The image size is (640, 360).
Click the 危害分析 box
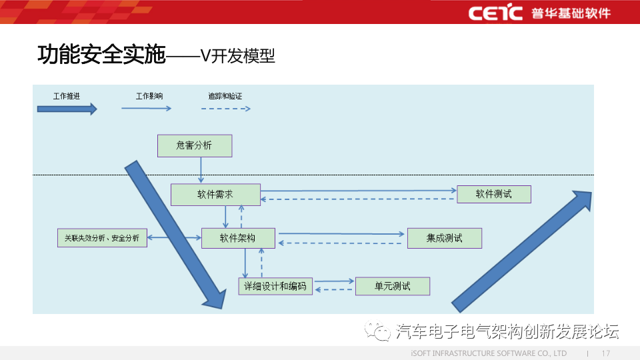(x=195, y=145)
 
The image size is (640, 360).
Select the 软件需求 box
(x=215, y=195)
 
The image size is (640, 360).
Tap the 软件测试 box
(x=494, y=194)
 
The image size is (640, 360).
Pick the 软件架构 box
(x=238, y=238)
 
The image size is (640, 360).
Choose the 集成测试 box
(x=444, y=238)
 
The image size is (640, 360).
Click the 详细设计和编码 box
(x=275, y=287)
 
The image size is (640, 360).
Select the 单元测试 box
(x=393, y=287)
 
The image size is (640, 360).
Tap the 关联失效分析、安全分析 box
(x=102, y=238)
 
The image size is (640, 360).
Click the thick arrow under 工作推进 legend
(x=67, y=109)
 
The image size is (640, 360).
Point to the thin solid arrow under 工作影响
(x=146, y=108)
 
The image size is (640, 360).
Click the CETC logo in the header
(x=495, y=13)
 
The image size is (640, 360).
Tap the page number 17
(x=606, y=353)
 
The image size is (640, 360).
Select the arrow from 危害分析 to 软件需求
(x=201, y=170)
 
